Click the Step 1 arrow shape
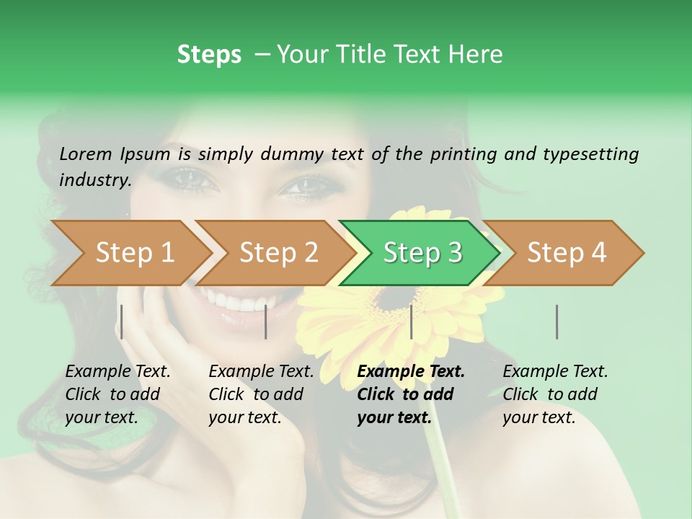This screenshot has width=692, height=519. pos(130,253)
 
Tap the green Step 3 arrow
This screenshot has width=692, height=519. pos(421,253)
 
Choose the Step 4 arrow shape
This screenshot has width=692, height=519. pos(567,253)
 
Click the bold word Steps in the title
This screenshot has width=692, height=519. pos(209,55)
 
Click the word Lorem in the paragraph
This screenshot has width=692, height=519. pos(86,154)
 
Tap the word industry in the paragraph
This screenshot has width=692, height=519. pos(94,180)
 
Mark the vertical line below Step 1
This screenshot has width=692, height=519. pos(122,321)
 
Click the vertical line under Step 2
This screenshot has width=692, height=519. pos(266,321)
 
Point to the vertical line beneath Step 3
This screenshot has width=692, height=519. pos(411,321)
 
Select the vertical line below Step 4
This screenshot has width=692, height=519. pos(556,321)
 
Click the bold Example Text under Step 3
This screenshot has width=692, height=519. pos(411,372)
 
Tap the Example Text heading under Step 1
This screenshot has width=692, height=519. pos(117,372)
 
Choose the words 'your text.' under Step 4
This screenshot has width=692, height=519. pos(538,417)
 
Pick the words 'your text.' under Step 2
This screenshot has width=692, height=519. pos(244,417)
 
